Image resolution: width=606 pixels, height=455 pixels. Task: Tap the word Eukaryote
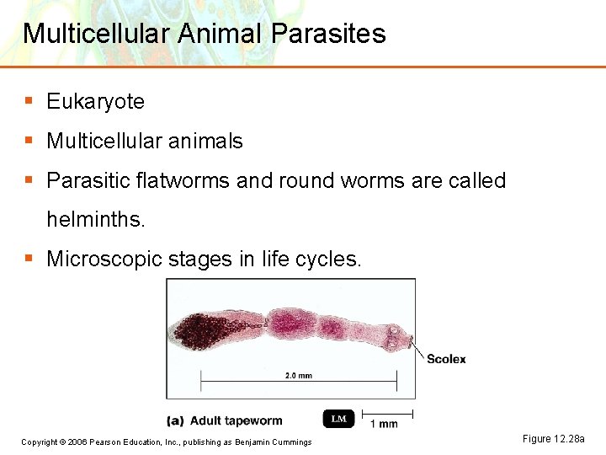coord(95,102)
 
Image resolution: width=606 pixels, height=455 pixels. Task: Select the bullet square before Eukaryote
coord(29,101)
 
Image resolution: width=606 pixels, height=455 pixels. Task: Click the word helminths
coord(96,220)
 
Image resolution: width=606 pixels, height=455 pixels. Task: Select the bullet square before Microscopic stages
coord(29,258)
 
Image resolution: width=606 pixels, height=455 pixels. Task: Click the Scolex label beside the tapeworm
coord(445,359)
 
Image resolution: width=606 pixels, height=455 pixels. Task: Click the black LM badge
coord(338,419)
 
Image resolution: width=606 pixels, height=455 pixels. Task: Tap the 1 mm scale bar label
coord(384,424)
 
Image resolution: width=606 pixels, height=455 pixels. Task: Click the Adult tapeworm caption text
coord(236,420)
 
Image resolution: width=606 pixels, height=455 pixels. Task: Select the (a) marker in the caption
coord(175,420)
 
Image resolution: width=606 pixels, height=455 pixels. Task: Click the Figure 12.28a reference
coord(553,439)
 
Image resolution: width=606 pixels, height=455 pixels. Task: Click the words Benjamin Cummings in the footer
coord(273,442)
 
